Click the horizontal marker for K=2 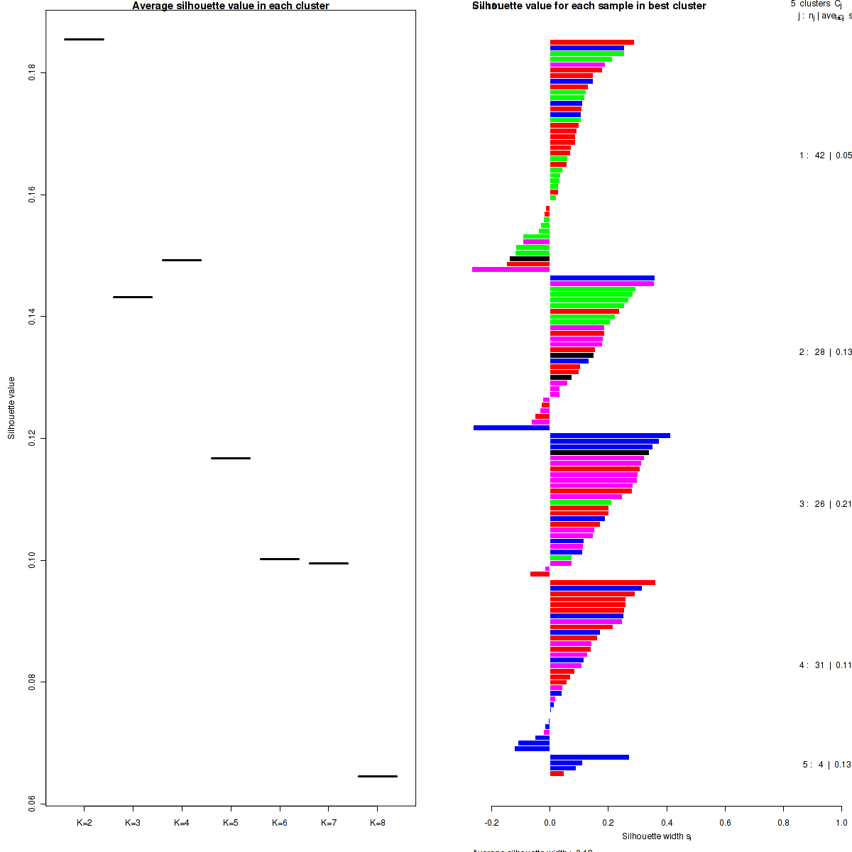[84, 39]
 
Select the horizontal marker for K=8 [377, 776]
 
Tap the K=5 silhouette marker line [231, 458]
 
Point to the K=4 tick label [182, 823]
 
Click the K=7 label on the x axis [329, 823]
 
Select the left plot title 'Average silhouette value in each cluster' [231, 6]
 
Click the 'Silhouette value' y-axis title [11, 408]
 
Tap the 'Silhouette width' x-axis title [657, 836]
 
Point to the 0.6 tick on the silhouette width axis [725, 823]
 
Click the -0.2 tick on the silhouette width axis [492, 823]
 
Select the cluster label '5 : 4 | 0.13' [826, 765]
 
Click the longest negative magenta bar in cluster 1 [511, 270]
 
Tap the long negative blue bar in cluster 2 [511, 428]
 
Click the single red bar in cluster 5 [557, 773]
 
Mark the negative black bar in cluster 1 [530, 258]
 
